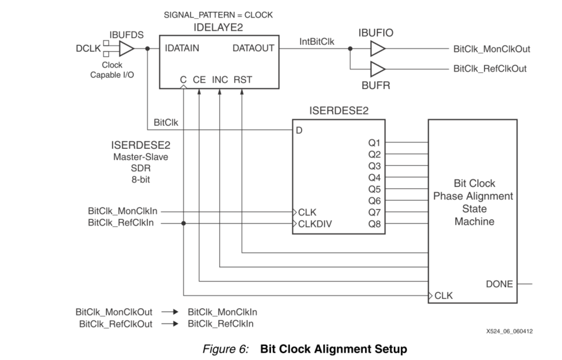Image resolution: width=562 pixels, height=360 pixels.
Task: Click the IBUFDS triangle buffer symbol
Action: tap(126, 48)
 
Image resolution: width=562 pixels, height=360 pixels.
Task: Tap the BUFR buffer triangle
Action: tap(377, 69)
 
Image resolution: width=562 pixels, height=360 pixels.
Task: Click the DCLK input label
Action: tap(88, 48)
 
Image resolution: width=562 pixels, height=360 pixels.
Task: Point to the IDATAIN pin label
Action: tap(182, 48)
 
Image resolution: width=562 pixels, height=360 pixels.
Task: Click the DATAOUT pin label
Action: tap(253, 48)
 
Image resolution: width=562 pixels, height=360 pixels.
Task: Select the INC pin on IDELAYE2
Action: tap(220, 79)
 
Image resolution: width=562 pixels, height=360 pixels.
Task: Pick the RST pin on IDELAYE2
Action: tap(243, 79)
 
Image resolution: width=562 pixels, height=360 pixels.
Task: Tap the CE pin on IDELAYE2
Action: tap(199, 79)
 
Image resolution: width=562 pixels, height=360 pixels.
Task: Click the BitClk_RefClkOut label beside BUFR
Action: tap(489, 69)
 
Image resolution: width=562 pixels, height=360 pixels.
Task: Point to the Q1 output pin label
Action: tap(374, 142)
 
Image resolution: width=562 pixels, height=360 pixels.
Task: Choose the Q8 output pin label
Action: tap(374, 224)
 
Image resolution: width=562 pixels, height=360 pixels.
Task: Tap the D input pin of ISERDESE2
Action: tap(299, 130)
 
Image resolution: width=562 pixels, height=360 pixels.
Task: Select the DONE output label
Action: tap(499, 284)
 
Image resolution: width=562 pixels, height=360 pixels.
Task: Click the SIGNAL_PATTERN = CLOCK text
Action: tap(210, 15)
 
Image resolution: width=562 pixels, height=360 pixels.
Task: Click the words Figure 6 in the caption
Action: tap(226, 349)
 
